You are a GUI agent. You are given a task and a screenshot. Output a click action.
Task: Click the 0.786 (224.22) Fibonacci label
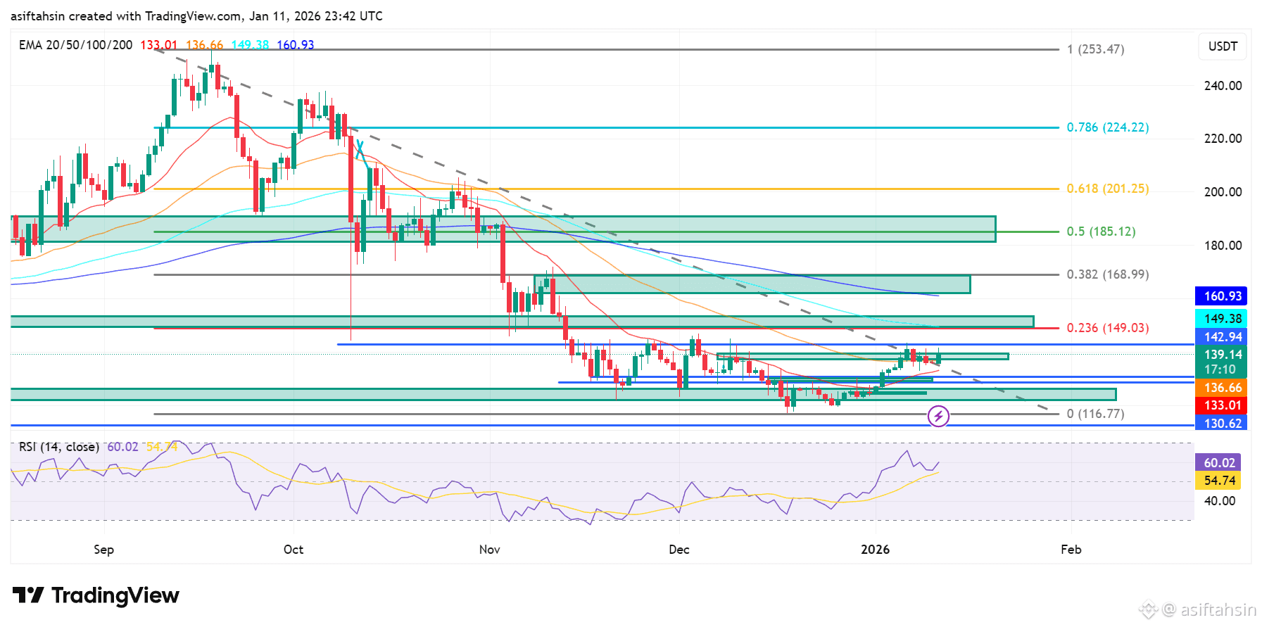click(x=1107, y=127)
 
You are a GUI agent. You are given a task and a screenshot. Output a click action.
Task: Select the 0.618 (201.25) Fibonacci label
click(x=1107, y=189)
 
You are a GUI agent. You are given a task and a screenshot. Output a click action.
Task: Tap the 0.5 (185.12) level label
click(x=1101, y=232)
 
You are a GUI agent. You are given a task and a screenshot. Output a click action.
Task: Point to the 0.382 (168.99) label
click(x=1107, y=274)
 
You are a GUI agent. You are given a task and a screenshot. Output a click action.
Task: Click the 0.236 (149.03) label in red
click(x=1107, y=328)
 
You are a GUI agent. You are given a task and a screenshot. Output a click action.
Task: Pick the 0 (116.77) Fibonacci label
click(x=1095, y=414)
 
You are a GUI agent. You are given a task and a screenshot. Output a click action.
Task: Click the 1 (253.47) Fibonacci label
click(x=1095, y=49)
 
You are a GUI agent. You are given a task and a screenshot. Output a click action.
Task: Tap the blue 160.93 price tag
click(x=1223, y=296)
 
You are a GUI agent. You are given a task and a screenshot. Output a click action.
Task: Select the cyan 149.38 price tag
click(x=1223, y=319)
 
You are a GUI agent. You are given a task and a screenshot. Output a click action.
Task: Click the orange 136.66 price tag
click(x=1223, y=388)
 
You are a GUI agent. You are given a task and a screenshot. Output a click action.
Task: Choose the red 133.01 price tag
click(x=1223, y=405)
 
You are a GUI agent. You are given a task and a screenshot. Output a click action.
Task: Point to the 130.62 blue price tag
click(x=1223, y=424)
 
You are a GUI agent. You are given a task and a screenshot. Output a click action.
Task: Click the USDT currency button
click(x=1223, y=46)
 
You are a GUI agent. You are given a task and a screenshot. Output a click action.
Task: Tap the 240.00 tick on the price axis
click(x=1223, y=86)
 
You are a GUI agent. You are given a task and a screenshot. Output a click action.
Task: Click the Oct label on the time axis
click(x=294, y=550)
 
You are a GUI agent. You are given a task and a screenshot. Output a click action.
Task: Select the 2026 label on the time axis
click(x=875, y=550)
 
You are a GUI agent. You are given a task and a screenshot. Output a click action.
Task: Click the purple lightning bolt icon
click(x=938, y=416)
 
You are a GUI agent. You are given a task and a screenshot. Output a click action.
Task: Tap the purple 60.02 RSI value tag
click(x=1218, y=463)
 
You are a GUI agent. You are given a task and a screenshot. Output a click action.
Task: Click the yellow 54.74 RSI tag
click(x=1218, y=481)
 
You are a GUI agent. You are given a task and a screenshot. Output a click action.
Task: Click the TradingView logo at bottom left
click(x=96, y=595)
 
